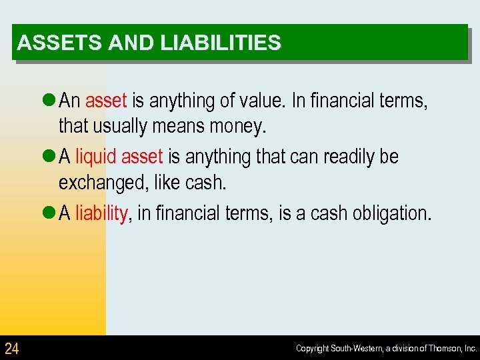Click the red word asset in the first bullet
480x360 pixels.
point(106,101)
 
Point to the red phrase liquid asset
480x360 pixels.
point(119,157)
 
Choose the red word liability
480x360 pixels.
point(101,213)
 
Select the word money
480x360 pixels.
point(237,125)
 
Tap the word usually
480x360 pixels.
point(118,125)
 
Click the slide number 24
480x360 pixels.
point(11,348)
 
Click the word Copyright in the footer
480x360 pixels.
point(312,348)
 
